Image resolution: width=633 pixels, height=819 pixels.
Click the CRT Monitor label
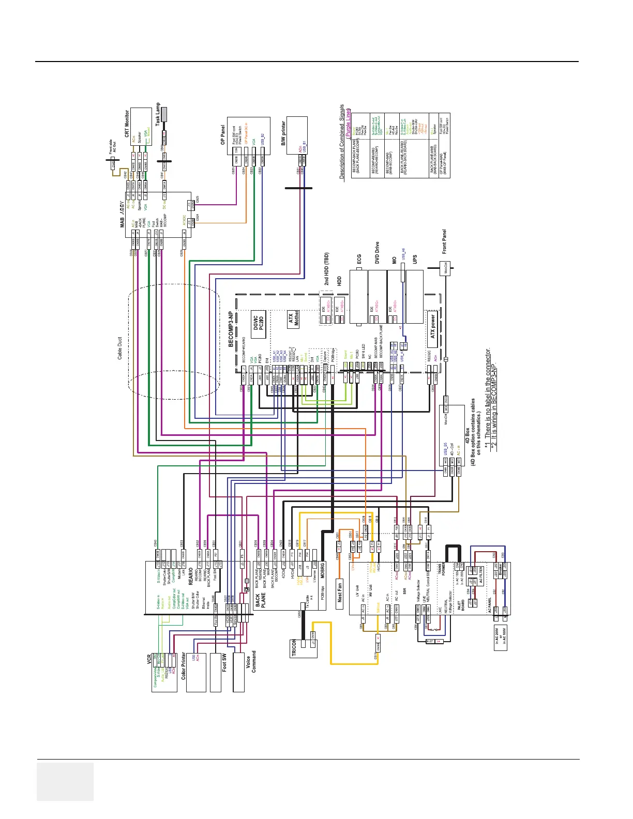(127, 123)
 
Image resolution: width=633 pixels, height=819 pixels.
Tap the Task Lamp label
(158, 114)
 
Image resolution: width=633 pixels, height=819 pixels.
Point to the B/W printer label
(283, 133)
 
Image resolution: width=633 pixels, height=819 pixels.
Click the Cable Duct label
(120, 347)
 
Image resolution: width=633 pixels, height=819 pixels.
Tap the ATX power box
(433, 327)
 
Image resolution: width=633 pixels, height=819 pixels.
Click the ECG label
(359, 259)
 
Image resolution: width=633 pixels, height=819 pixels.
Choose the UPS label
(415, 260)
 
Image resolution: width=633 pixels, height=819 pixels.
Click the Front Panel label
(444, 242)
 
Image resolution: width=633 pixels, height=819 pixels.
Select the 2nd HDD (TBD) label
(326, 269)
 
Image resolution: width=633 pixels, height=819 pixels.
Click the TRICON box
(294, 648)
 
